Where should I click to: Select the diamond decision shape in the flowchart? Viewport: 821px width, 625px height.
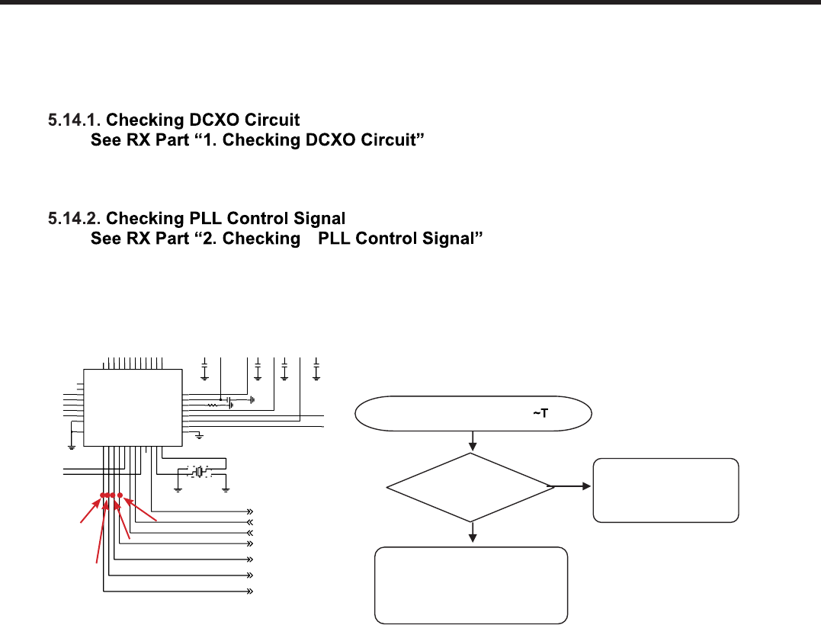pos(473,485)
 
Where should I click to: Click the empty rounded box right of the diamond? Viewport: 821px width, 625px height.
pos(665,489)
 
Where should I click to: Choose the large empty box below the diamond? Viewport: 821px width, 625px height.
pos(472,585)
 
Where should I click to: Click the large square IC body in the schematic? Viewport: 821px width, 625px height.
pos(133,407)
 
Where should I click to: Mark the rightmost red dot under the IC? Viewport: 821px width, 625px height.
pos(120,496)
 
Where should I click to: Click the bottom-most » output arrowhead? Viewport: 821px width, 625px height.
pos(249,591)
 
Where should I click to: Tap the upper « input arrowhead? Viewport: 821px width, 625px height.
pos(249,521)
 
